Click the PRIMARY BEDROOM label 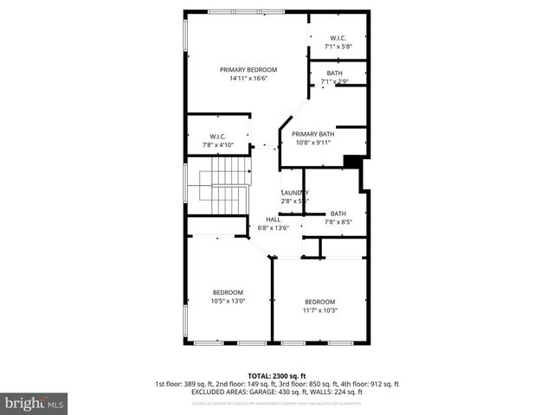(x=248, y=69)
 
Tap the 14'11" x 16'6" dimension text (x=248, y=79)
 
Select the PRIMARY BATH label (x=312, y=134)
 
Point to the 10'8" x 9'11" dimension (x=312, y=144)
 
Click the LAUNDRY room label (x=294, y=192)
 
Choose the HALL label (x=273, y=220)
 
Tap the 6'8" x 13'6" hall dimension (x=273, y=229)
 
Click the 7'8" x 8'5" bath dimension (x=338, y=222)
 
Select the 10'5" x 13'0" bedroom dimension (x=229, y=302)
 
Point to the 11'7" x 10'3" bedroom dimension (x=319, y=310)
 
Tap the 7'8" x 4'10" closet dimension (x=218, y=145)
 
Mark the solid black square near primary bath (x=351, y=161)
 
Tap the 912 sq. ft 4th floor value (x=383, y=384)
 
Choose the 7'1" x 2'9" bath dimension (x=334, y=82)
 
